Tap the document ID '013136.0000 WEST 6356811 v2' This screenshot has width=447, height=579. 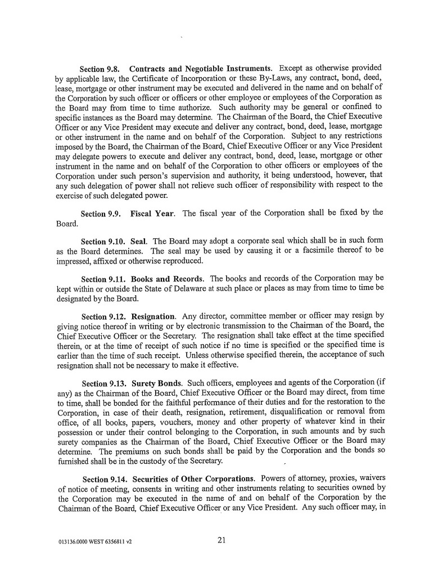click(x=94, y=542)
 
